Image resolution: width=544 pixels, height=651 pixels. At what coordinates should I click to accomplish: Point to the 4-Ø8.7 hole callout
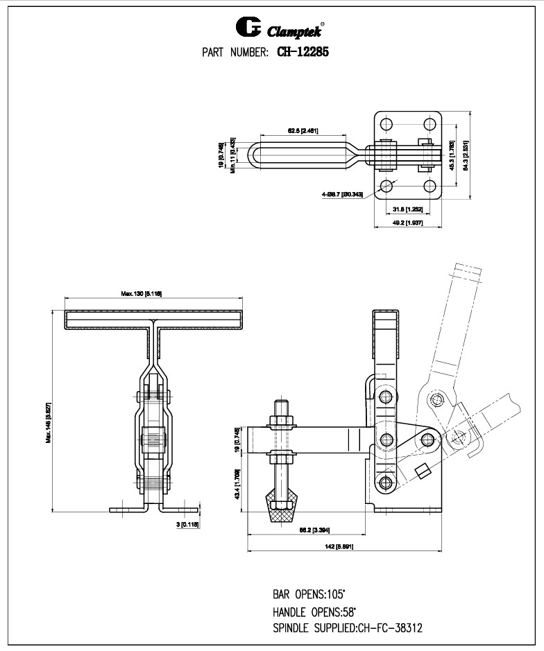[342, 195]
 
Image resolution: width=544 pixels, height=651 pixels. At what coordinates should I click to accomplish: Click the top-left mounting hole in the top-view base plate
[386, 124]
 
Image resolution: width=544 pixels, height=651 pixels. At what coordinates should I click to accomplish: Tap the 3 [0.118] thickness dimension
[188, 526]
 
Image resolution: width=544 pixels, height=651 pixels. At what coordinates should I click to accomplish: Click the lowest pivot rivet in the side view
[386, 483]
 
